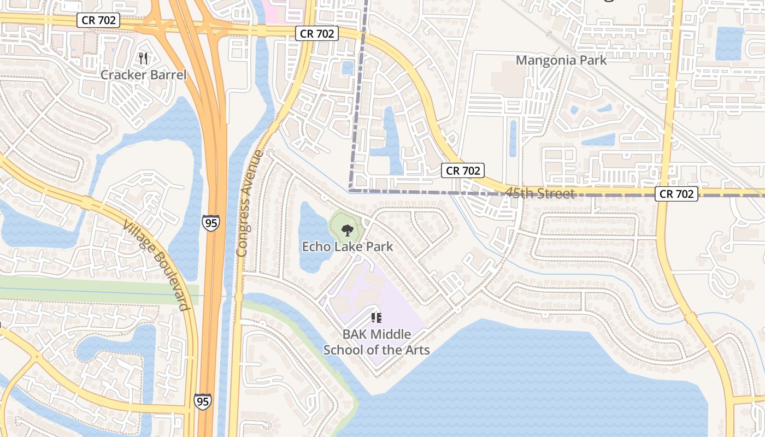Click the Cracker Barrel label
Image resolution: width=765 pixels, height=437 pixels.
[x=143, y=75]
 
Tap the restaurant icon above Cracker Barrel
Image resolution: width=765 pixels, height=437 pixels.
[x=143, y=58]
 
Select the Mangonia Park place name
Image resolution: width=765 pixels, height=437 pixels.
[x=561, y=60]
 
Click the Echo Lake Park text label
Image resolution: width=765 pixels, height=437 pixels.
[x=348, y=246]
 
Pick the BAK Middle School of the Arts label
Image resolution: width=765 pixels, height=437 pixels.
[x=376, y=342]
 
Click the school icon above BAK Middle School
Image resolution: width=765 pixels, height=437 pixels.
[x=376, y=317]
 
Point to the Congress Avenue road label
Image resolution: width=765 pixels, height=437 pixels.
[x=250, y=203]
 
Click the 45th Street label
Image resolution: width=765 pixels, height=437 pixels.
[x=539, y=193]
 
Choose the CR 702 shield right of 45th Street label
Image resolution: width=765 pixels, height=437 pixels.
[x=676, y=194]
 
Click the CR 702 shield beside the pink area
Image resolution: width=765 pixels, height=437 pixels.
[x=317, y=34]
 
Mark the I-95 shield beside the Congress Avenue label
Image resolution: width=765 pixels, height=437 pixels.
[x=211, y=222]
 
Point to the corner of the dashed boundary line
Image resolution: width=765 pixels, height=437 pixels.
[x=350, y=191]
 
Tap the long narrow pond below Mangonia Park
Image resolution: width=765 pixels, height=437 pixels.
[x=513, y=138]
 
